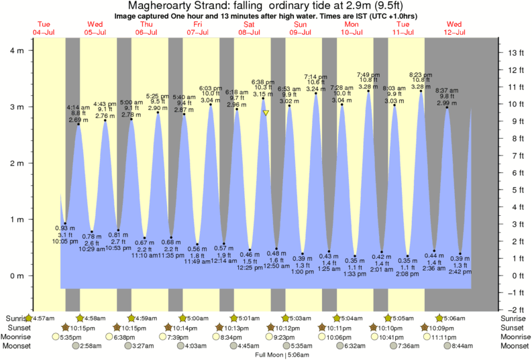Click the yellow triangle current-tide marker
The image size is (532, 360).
[266, 113]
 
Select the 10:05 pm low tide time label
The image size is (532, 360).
[65, 241]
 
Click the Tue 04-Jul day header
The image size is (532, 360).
[43, 28]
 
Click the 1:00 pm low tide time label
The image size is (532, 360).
[302, 272]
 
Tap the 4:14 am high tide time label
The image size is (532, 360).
[78, 107]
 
